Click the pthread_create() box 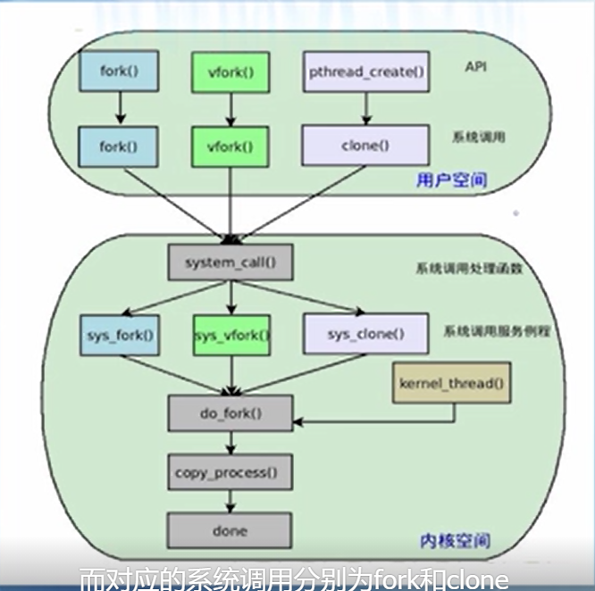[x=365, y=71]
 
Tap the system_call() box [x=230, y=263]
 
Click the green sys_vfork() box [x=231, y=336]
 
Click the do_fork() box [x=230, y=413]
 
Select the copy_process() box [x=230, y=471]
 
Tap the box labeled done [x=230, y=530]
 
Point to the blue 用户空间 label [x=451, y=180]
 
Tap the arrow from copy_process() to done [x=230, y=501]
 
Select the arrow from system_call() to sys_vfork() [x=230, y=298]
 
